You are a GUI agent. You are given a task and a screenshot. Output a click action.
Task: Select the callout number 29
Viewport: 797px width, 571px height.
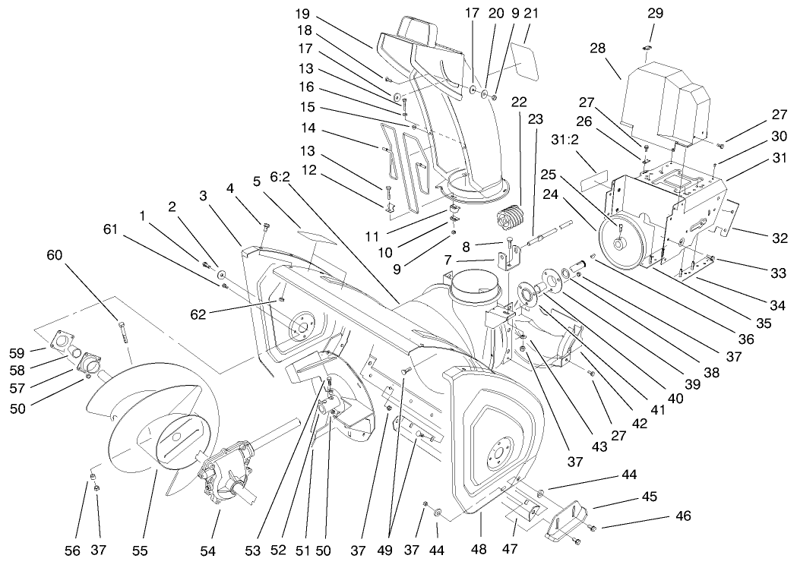click(x=654, y=14)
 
